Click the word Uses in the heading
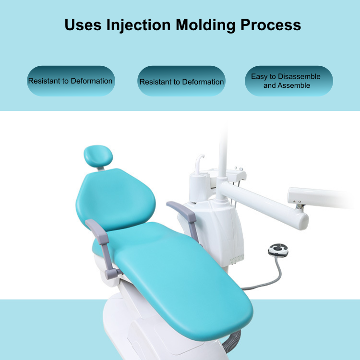(x=83, y=25)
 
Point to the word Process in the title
(x=271, y=25)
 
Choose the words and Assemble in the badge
(x=287, y=85)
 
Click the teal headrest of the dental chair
(x=98, y=156)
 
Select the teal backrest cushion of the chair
(x=116, y=200)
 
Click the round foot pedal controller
(x=278, y=250)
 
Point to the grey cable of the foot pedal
(x=273, y=281)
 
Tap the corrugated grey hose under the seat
(x=232, y=341)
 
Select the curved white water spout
(x=199, y=164)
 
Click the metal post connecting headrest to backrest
(x=100, y=169)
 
